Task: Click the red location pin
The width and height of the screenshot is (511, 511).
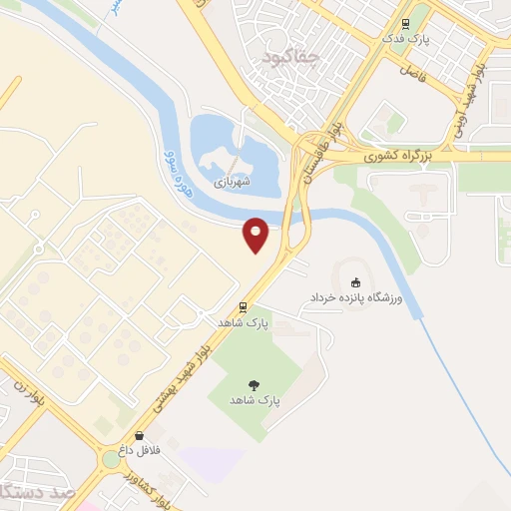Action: [256, 234]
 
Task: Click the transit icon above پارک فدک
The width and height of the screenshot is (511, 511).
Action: [405, 25]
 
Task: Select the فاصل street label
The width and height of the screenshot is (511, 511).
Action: [411, 71]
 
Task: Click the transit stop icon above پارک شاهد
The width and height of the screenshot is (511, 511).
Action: [243, 307]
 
